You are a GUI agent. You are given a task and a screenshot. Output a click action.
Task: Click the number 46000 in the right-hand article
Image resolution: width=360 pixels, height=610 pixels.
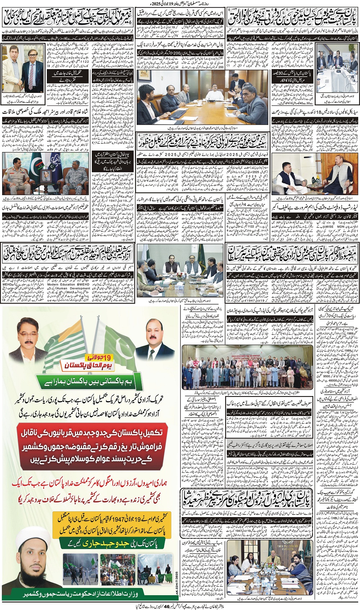[x=337, y=380]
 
